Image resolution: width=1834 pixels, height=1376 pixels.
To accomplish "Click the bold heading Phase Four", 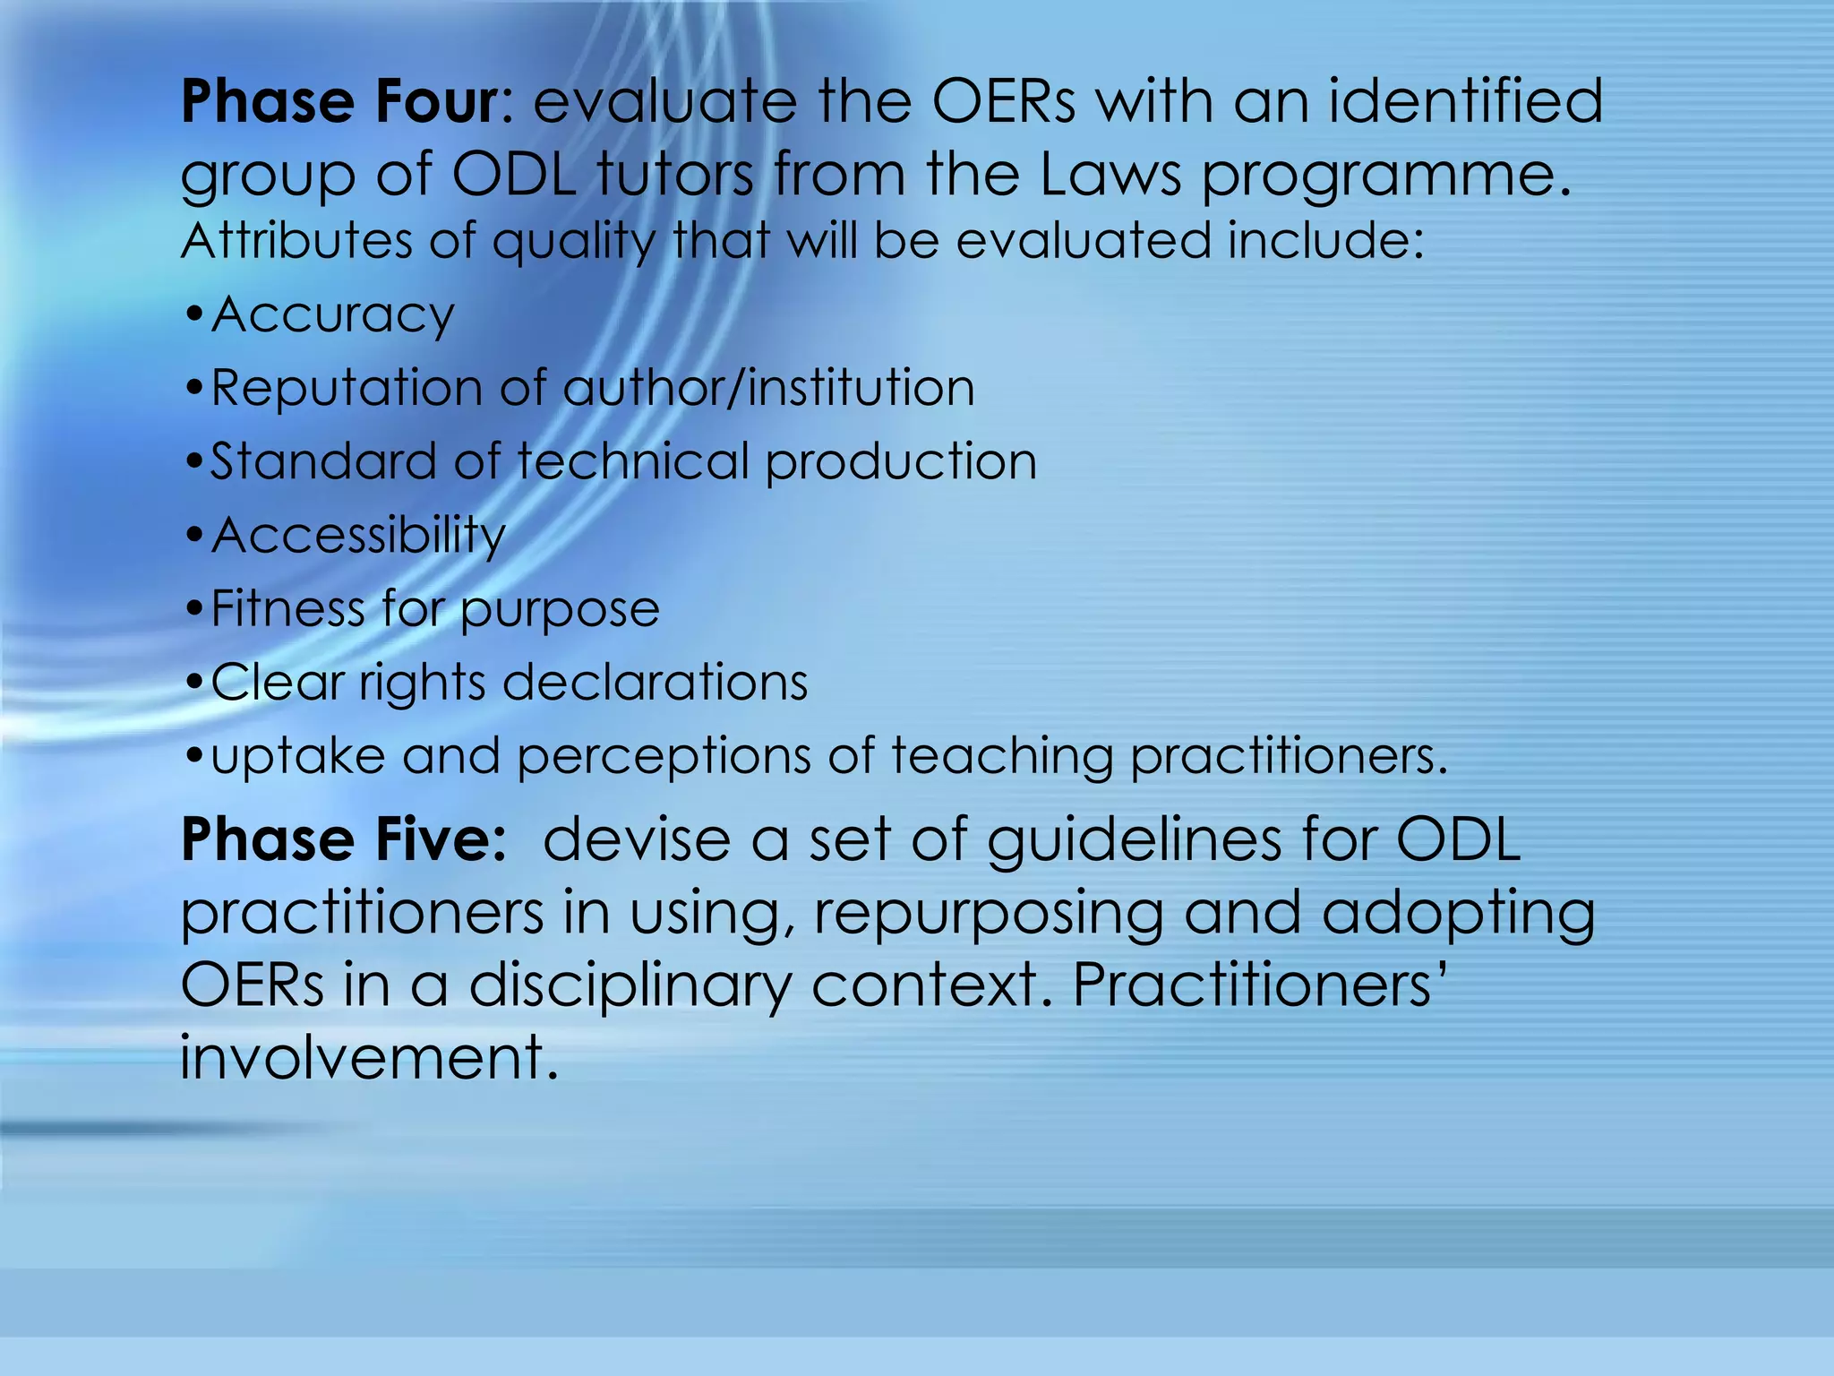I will click(339, 101).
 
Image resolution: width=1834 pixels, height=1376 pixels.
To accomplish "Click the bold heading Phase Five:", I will click(344, 840).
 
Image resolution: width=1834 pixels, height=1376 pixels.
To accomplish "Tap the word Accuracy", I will click(332, 315).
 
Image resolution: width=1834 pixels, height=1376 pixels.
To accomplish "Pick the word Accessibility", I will click(358, 536).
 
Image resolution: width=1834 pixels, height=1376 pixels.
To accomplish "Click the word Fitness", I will click(287, 609).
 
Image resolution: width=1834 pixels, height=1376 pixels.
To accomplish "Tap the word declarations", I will click(656, 683).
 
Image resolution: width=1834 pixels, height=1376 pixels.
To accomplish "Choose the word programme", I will click(1384, 176).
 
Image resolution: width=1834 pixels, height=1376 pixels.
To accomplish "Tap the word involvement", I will click(368, 1057).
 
